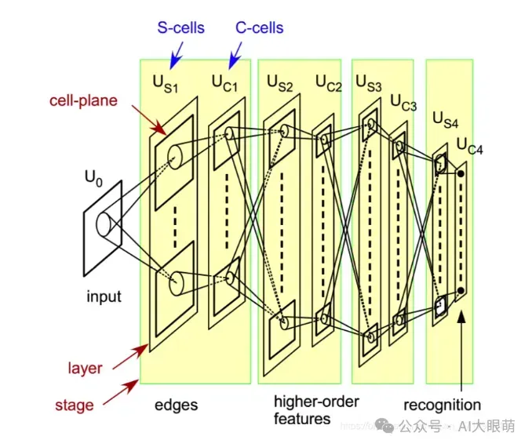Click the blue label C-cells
pos(259,28)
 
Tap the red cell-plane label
pos(84,100)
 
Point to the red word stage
pos(74,405)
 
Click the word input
pos(104,296)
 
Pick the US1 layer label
pos(166,84)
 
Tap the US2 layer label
pos(279,82)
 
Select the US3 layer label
pos(370,82)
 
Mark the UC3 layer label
pos(403,103)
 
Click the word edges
pos(177,405)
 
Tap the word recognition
pos(442,405)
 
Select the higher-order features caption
pos(315,410)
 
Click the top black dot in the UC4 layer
pos(461,173)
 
